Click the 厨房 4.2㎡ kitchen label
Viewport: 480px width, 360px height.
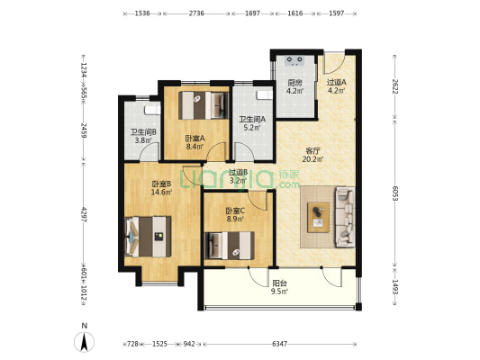tap(294, 86)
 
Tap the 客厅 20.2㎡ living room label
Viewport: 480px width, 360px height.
tap(312, 155)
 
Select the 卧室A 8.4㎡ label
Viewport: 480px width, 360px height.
tap(195, 142)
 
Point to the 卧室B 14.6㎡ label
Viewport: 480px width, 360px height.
tap(161, 188)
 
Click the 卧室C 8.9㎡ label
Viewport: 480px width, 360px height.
tap(235, 215)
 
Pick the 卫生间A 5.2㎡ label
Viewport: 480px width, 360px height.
tap(252, 123)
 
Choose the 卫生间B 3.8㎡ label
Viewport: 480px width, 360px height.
tap(143, 137)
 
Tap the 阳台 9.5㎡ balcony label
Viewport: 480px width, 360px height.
tap(279, 287)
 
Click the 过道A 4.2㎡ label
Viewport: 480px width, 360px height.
tap(337, 86)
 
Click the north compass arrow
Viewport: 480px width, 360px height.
tap(84, 341)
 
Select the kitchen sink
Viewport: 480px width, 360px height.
tap(294, 61)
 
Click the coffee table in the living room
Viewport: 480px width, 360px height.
tap(319, 217)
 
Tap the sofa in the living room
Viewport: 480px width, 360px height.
tap(346, 217)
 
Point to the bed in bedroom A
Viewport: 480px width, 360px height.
tap(204, 105)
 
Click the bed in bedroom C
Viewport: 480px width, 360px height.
tap(230, 246)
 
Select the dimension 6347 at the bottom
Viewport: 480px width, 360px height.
tap(280, 344)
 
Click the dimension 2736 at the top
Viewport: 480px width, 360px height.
tap(196, 13)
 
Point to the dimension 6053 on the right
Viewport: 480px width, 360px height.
tap(395, 193)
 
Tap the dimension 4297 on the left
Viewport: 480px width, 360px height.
tap(83, 214)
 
